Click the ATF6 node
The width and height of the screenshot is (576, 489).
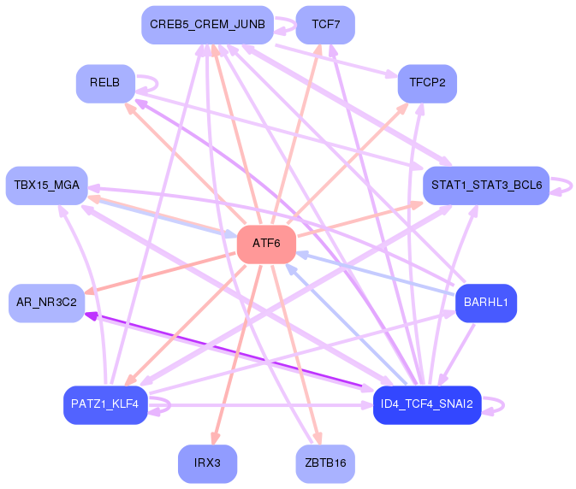tap(266, 244)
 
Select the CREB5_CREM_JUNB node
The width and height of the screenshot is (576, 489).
tap(208, 25)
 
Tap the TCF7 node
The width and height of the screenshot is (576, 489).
tap(325, 25)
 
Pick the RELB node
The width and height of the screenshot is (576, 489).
tap(106, 83)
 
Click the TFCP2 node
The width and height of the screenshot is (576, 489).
tap(427, 83)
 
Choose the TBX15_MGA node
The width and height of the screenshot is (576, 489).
tap(47, 186)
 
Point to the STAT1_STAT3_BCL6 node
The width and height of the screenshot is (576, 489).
tap(486, 186)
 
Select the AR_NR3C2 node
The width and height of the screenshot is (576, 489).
tap(47, 303)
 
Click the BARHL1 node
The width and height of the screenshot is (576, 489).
tap(486, 303)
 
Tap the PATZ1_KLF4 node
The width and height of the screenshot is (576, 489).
tap(106, 405)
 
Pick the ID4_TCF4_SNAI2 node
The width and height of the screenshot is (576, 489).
tap(427, 405)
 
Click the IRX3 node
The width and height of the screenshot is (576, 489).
tap(208, 463)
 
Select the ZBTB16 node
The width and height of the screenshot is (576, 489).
tap(325, 463)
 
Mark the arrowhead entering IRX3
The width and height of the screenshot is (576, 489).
tap(216, 439)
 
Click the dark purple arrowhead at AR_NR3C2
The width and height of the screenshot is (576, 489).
tap(91, 315)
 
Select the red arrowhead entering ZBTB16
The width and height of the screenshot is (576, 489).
tap(318, 439)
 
